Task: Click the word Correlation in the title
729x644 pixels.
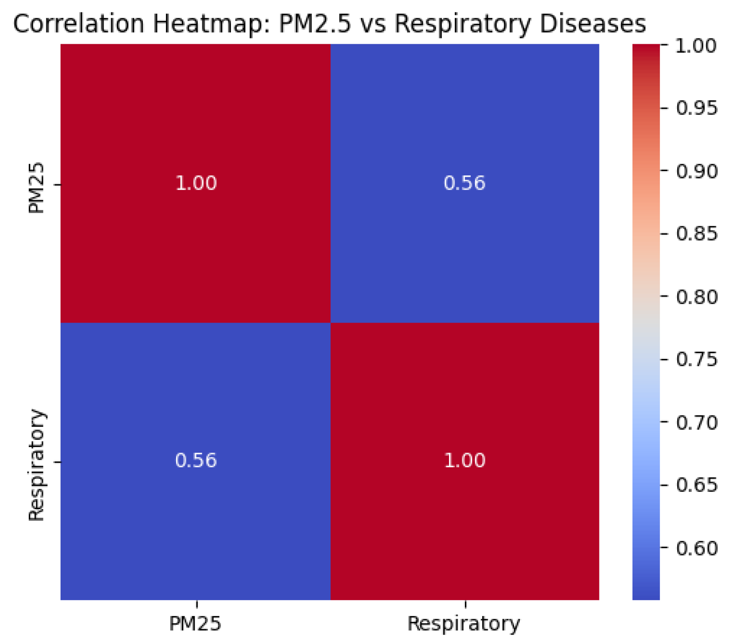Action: [x=78, y=23]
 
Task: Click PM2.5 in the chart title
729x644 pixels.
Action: [x=315, y=23]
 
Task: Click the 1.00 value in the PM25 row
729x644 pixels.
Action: [x=196, y=183]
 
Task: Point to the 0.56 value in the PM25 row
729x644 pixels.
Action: [x=464, y=183]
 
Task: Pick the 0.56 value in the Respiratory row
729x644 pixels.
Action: [x=196, y=461]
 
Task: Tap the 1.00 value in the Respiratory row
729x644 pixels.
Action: [x=464, y=461]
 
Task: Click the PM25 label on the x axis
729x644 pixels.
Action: [x=195, y=624]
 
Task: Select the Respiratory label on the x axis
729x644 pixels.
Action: [x=464, y=624]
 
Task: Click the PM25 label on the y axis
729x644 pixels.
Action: [x=36, y=188]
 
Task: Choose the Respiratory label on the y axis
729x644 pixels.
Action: [x=36, y=465]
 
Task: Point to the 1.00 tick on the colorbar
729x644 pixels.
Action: [x=696, y=46]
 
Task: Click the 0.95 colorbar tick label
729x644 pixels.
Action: [x=696, y=108]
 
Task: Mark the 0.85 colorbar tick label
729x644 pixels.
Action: [x=696, y=234]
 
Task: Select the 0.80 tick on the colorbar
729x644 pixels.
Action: [x=696, y=297]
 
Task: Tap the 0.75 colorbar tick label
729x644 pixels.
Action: [x=696, y=359]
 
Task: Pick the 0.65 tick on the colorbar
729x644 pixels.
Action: [x=696, y=485]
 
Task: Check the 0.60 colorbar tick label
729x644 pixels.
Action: [x=696, y=549]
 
